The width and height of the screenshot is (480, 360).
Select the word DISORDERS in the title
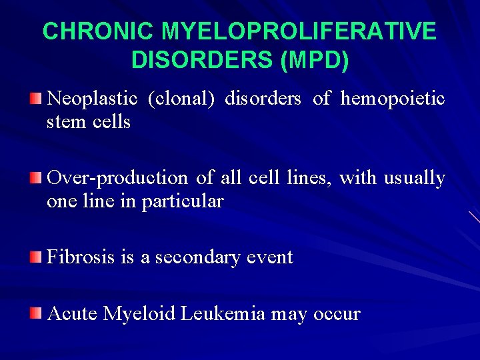coord(202,60)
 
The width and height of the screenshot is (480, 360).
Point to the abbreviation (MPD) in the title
coord(315,60)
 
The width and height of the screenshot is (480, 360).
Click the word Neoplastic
coord(93,99)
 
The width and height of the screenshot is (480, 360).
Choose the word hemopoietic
coord(393,99)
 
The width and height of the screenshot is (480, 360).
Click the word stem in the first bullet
coord(64,123)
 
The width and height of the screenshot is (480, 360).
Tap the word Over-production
coord(118,178)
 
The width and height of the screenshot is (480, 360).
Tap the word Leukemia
coord(223,313)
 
